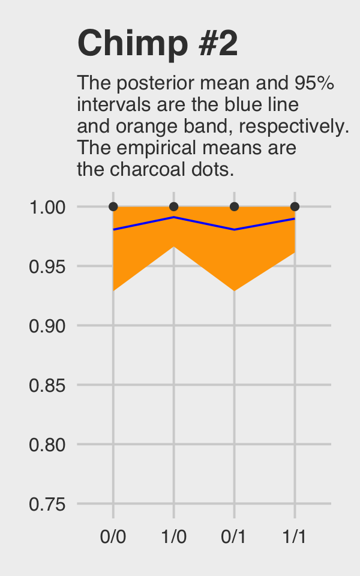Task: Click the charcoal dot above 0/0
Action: coord(113,206)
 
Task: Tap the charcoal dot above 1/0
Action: coord(174,206)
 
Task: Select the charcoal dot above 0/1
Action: coord(234,206)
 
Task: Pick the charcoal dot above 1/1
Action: coord(295,206)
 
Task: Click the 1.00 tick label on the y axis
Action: coord(47,208)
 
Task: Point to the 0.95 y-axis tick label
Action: coord(47,266)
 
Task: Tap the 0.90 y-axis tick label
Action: coord(47,326)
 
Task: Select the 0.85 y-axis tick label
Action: coord(47,385)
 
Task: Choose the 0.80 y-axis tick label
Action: coord(47,445)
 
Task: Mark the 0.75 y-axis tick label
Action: coord(47,504)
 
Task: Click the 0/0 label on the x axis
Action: coord(113,536)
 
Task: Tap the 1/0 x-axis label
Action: coord(174,536)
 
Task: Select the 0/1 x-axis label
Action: coord(234,536)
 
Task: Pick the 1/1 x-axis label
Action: coord(295,536)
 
